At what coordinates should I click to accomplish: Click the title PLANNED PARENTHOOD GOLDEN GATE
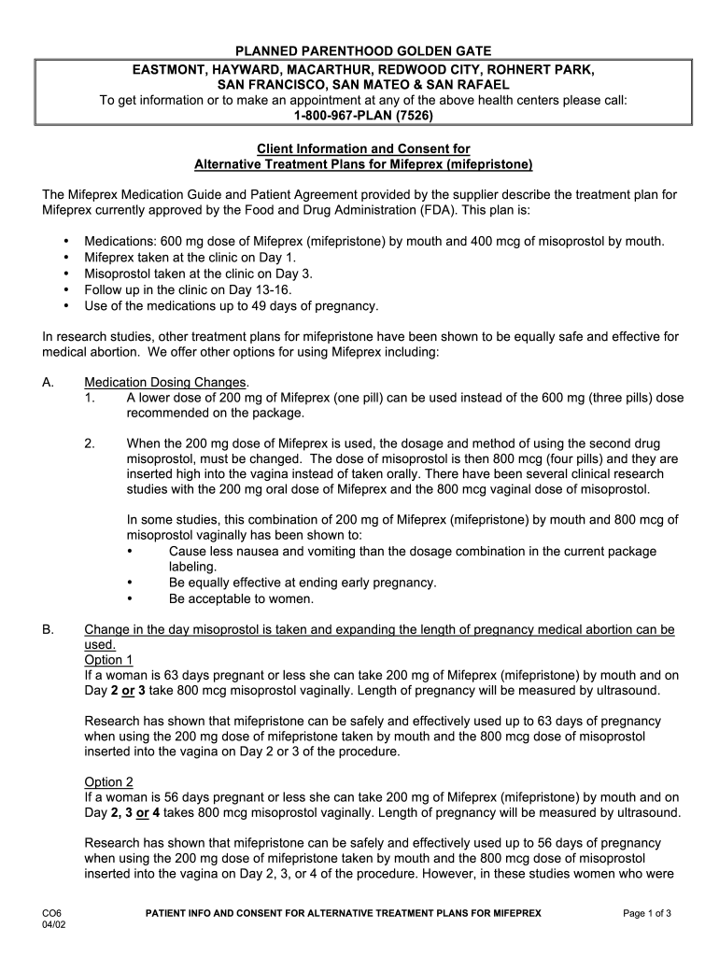coord(363,50)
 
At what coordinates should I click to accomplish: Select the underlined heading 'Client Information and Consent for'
coord(363,148)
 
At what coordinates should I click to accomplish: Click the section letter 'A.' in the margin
coord(49,382)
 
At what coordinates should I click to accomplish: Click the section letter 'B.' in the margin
coord(49,629)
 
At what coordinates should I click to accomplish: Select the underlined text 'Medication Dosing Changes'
coord(165,382)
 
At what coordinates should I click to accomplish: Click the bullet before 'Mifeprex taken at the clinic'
coord(66,257)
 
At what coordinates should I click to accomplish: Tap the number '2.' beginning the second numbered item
coord(90,443)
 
